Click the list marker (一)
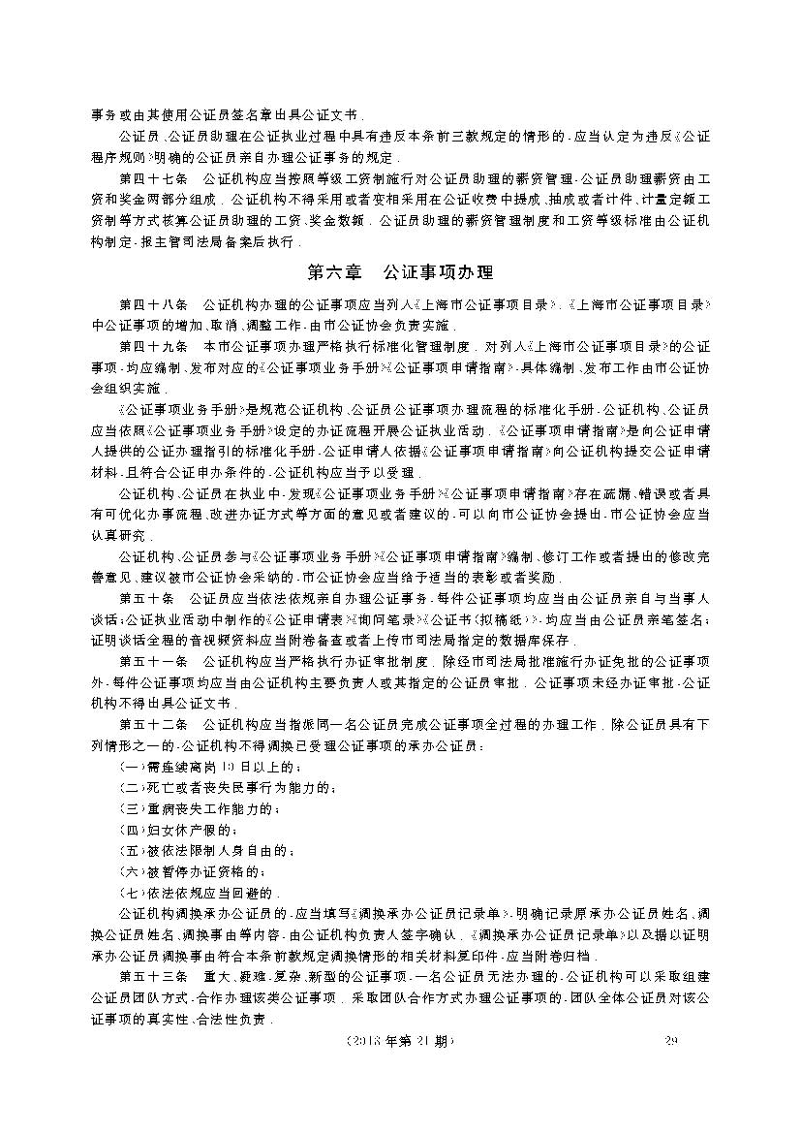tap(130, 767)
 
